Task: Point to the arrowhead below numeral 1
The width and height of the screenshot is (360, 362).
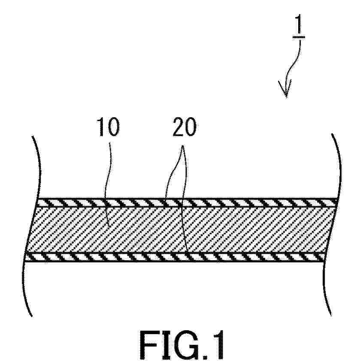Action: [285, 89]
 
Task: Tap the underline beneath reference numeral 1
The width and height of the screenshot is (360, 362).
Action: [299, 37]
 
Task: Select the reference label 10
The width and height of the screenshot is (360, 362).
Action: [108, 127]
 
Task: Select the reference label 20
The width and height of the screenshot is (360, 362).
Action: [185, 127]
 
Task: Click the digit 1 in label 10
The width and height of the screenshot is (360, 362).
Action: [101, 127]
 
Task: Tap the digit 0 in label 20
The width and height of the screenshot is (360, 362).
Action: [191, 127]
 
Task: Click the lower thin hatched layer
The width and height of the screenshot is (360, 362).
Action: [175, 257]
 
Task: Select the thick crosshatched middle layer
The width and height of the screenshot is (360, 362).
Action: [180, 230]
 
